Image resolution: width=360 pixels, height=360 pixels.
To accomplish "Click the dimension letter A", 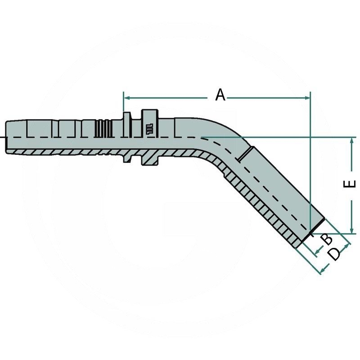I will click(x=220, y=95).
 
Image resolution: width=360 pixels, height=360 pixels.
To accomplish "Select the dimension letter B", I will click(x=327, y=238).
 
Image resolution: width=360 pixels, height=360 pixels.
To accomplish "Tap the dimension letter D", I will click(x=334, y=254).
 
